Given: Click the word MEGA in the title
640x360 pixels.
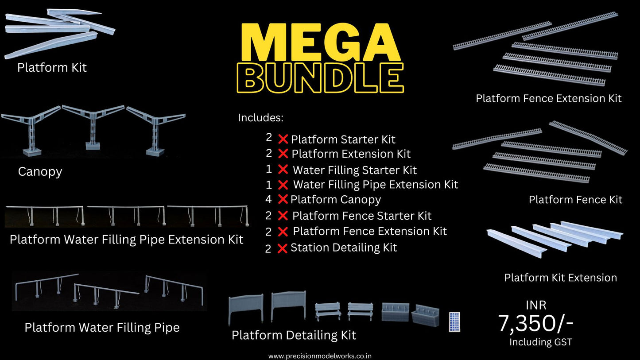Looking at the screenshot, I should (x=319, y=43).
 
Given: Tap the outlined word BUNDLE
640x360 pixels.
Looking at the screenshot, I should (x=320, y=78).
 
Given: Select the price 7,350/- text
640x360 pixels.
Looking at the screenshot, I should (x=535, y=323).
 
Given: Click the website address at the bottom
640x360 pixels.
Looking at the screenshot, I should (x=320, y=356).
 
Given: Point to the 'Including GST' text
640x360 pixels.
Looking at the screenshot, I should (x=540, y=342).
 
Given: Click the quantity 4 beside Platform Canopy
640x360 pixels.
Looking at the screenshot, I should (x=268, y=199).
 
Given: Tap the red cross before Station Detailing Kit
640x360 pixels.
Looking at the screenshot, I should (x=282, y=248).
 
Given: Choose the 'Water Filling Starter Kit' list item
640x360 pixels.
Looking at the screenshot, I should (x=354, y=170).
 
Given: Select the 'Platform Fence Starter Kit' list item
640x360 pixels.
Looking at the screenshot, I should (x=362, y=216).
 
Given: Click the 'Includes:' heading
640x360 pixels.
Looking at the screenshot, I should (x=260, y=118).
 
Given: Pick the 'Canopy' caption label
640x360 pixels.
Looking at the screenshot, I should (x=40, y=172).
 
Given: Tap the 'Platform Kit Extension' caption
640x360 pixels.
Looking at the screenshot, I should (x=560, y=278).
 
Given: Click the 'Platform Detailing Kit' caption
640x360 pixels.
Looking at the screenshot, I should (x=294, y=335).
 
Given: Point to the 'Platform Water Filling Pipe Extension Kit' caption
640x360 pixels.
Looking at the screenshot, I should (x=126, y=240).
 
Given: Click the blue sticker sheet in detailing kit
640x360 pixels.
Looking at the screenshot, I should (x=454, y=322).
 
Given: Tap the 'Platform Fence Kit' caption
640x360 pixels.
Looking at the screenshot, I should (x=575, y=200).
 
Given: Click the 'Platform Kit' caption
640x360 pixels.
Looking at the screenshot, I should (x=52, y=68).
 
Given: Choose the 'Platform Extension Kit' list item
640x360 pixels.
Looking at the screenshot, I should (x=351, y=154).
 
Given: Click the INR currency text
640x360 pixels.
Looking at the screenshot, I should (x=536, y=305).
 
